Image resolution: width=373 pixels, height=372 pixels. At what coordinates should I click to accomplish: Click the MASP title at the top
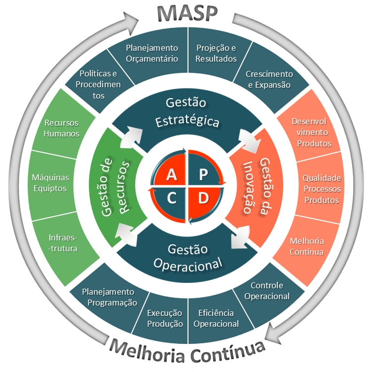click(x=187, y=13)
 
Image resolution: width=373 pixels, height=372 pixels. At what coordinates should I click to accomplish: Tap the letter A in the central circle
click(x=172, y=174)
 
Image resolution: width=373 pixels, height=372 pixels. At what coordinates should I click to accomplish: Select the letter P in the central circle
click(x=202, y=174)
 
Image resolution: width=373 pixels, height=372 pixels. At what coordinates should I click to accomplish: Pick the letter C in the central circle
click(x=172, y=198)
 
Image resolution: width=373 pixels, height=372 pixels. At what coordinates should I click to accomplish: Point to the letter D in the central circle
click(x=203, y=198)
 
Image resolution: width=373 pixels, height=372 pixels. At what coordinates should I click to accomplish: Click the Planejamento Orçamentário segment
click(x=151, y=53)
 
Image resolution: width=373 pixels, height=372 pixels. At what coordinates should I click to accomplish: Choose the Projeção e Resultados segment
click(x=216, y=53)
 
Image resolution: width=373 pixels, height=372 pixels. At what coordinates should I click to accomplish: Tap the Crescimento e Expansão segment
click(x=269, y=79)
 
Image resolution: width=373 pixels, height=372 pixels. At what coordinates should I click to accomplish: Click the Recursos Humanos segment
click(x=62, y=128)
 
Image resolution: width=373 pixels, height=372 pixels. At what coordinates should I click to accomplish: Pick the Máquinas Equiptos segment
click(x=50, y=182)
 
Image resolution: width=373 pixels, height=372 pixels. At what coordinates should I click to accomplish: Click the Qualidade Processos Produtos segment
click(x=322, y=189)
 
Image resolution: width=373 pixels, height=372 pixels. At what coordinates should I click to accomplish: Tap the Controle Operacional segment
click(x=267, y=291)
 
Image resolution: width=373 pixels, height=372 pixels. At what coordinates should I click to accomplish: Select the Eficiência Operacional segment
click(x=216, y=318)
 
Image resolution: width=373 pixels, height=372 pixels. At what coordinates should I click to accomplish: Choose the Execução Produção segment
click(x=165, y=318)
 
